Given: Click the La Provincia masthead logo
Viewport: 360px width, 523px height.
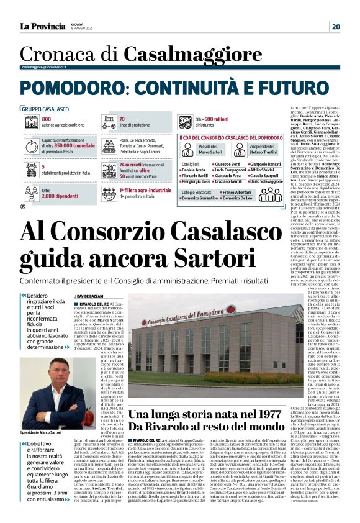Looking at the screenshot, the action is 42,26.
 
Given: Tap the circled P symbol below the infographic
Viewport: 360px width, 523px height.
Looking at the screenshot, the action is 23,206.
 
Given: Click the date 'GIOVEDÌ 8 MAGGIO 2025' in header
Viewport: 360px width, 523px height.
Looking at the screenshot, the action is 81,26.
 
